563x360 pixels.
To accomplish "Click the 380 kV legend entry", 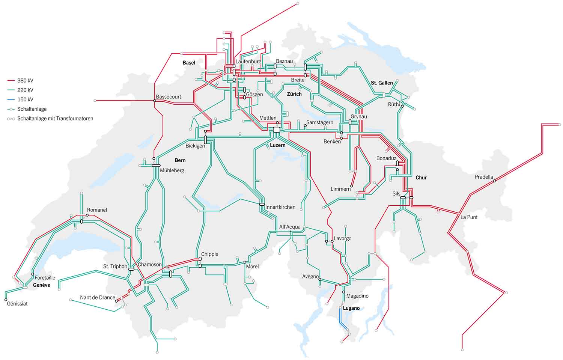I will [25, 80].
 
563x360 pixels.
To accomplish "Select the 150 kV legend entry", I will [25, 99].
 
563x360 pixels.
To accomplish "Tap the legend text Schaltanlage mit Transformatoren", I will [55, 119].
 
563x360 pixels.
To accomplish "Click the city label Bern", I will [180, 160].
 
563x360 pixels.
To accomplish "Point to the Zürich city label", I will [294, 94].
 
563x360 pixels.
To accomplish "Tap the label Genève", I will [41, 285].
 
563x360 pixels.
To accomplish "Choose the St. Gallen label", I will [382, 83].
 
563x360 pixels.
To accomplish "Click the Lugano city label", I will [351, 308].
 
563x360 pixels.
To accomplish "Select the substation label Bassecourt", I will [169, 97].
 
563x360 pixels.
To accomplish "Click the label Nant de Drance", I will [98, 297].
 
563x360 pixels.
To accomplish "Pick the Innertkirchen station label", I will [280, 207].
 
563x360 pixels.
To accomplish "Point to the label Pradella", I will [484, 177].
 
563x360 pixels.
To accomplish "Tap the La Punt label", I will [469, 217].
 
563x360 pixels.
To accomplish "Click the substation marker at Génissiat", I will [6, 300].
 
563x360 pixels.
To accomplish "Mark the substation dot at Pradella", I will [494, 181].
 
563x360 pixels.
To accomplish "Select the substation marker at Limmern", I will [352, 186].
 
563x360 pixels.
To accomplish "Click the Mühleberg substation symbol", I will [156, 165].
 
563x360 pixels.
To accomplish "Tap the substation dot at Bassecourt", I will [154, 101].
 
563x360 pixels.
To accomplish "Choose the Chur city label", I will [421, 178].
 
